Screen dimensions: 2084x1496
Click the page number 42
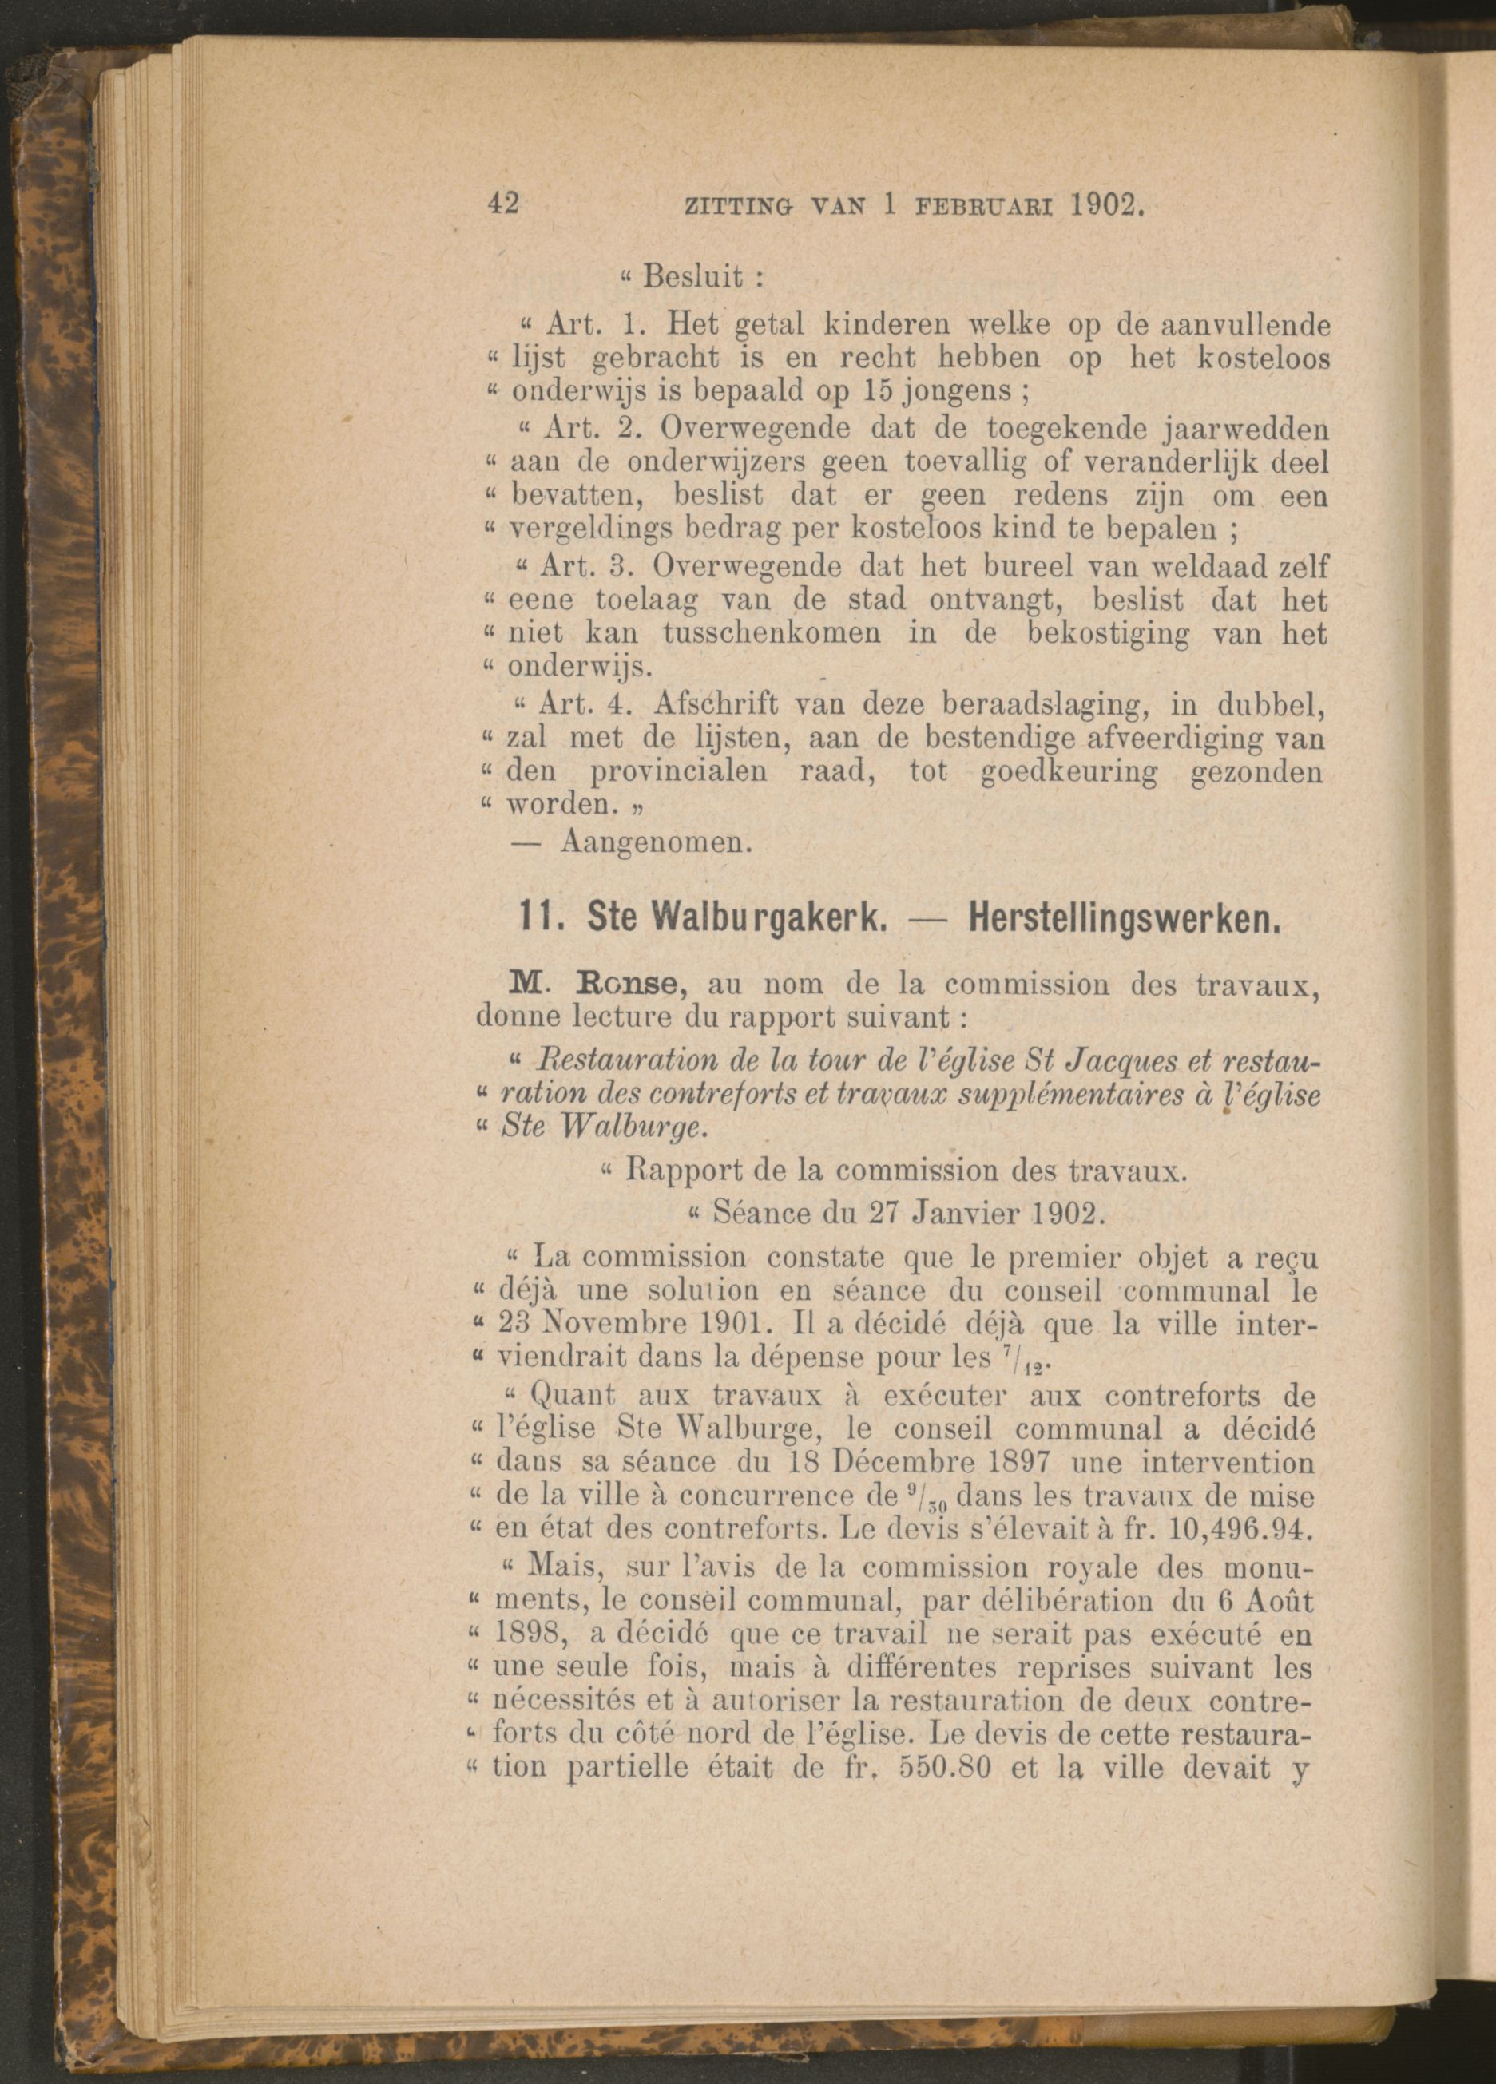(x=503, y=203)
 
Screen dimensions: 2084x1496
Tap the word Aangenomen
(x=656, y=841)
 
